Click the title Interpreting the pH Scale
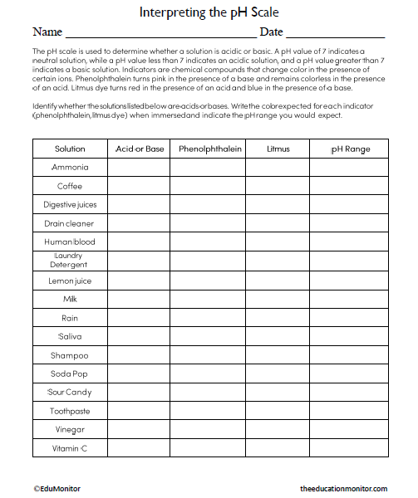click(209, 13)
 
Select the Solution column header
click(70, 149)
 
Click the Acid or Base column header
click(139, 149)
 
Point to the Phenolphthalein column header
click(208, 149)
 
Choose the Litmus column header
click(278, 149)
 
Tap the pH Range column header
click(350, 149)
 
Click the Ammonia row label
click(70, 168)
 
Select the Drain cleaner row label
click(70, 223)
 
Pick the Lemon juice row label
click(70, 281)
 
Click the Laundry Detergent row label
click(69, 261)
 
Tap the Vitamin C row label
click(70, 449)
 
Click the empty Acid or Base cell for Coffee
click(139, 186)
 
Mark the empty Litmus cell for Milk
click(278, 299)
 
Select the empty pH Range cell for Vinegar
click(350, 430)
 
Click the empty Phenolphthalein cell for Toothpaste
click(208, 411)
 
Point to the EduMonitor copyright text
click(57, 489)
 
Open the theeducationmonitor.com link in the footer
click(343, 489)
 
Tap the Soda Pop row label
click(70, 373)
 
